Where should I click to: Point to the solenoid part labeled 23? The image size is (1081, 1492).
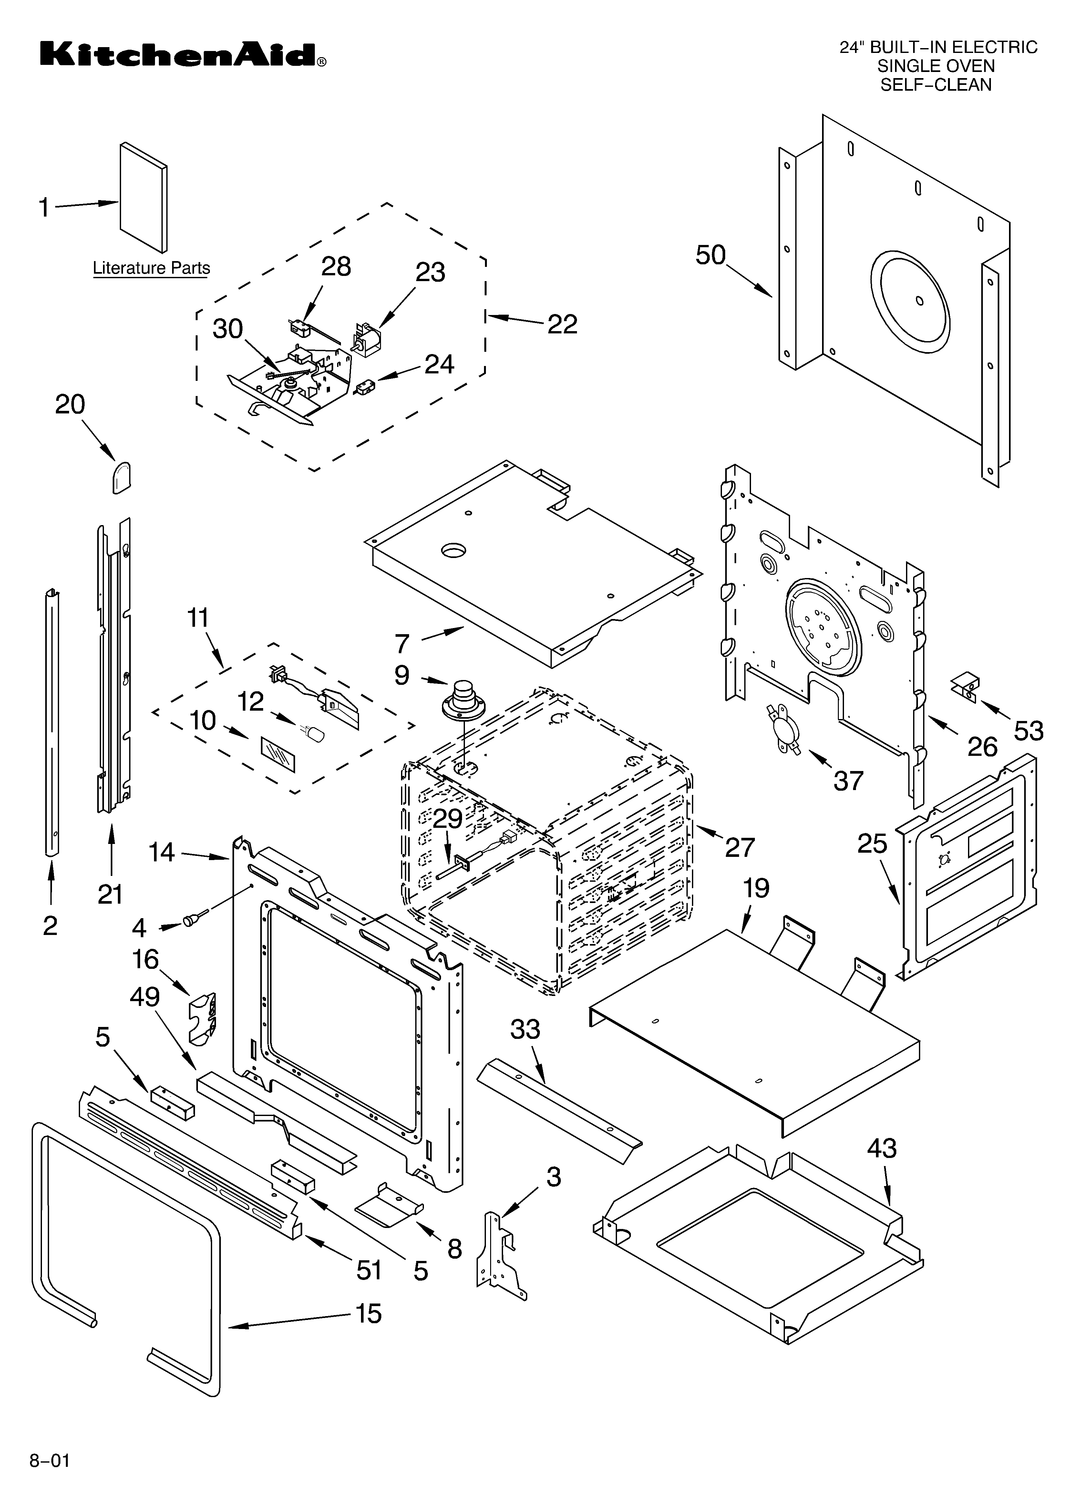click(x=366, y=340)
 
